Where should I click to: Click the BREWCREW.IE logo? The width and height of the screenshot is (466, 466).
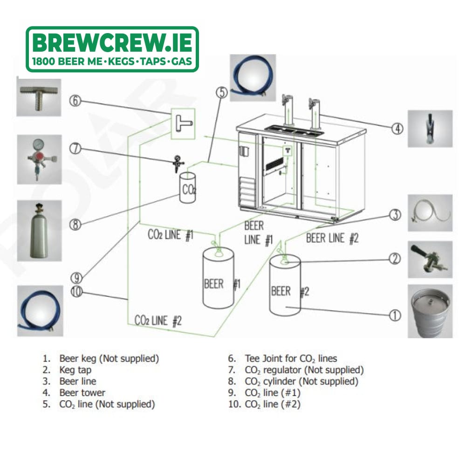click(112, 49)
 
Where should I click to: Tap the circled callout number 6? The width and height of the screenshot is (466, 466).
click(75, 101)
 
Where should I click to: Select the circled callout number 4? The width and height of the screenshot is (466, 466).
click(397, 129)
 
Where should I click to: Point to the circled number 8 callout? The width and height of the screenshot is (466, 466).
click(75, 225)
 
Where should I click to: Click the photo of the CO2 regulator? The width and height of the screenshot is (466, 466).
click(39, 159)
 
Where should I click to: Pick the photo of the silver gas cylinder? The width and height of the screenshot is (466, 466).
click(39, 231)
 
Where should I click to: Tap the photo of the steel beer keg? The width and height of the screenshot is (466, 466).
click(430, 311)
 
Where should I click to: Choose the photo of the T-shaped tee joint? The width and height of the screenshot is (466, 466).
click(39, 97)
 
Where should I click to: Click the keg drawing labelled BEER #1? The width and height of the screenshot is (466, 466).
click(219, 278)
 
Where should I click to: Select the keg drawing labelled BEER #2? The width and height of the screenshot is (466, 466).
click(285, 285)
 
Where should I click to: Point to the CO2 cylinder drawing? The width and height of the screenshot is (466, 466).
click(187, 188)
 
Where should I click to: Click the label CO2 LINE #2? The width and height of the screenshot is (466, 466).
click(158, 321)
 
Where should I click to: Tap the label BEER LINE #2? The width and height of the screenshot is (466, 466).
click(332, 238)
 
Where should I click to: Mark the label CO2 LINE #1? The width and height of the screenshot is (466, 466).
click(171, 235)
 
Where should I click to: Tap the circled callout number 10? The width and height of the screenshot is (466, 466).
click(76, 292)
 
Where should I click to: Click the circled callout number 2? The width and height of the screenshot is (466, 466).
click(395, 259)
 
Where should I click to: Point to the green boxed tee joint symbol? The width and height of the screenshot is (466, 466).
click(183, 123)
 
